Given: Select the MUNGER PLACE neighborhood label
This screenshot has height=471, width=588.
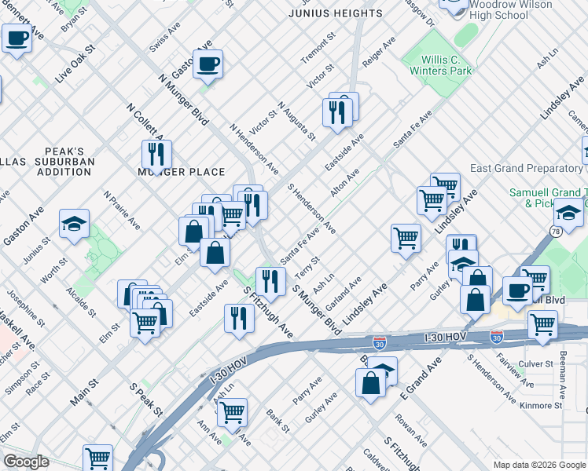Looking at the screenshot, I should [182, 172].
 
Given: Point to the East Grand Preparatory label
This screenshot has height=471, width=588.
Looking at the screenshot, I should [526, 169].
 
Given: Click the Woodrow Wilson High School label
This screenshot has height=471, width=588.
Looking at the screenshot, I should [509, 9].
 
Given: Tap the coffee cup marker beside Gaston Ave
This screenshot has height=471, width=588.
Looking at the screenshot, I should [208, 64].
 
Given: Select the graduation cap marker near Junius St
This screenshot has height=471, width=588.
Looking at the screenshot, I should [75, 224].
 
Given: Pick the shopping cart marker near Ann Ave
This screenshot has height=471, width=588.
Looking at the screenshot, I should [232, 411].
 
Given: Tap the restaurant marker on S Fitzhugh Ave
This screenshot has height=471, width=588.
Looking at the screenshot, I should [238, 318].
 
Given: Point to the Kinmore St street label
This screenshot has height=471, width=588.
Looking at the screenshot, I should [541, 406].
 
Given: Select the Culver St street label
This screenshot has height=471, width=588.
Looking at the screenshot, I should [538, 364].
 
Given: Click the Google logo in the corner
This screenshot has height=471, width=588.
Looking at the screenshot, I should [26, 462].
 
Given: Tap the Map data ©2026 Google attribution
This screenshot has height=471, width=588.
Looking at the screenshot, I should [538, 465].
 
